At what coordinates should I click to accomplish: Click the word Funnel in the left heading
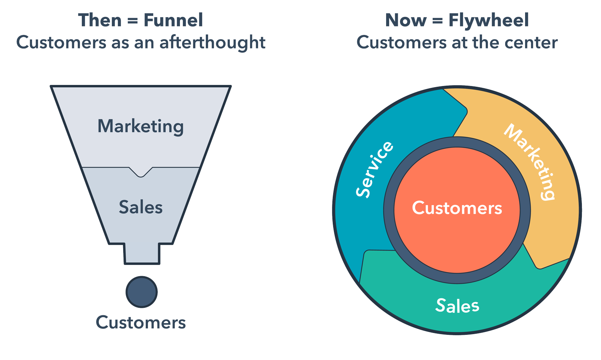(x=173, y=20)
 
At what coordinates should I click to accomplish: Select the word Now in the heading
(x=406, y=20)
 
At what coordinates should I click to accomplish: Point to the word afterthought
(x=212, y=42)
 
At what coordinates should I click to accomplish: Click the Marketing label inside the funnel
(x=140, y=126)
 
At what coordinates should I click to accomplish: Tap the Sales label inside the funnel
(x=140, y=207)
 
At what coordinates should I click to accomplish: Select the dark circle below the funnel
(x=142, y=292)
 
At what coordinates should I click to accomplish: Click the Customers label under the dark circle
(x=140, y=322)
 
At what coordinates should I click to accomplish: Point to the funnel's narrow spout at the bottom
(x=142, y=254)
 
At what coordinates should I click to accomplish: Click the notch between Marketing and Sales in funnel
(x=140, y=172)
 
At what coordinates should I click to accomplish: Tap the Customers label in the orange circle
(x=457, y=208)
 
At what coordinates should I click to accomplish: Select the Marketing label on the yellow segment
(x=530, y=162)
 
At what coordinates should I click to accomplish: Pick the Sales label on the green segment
(x=457, y=306)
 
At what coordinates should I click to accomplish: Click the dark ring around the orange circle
(x=457, y=142)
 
